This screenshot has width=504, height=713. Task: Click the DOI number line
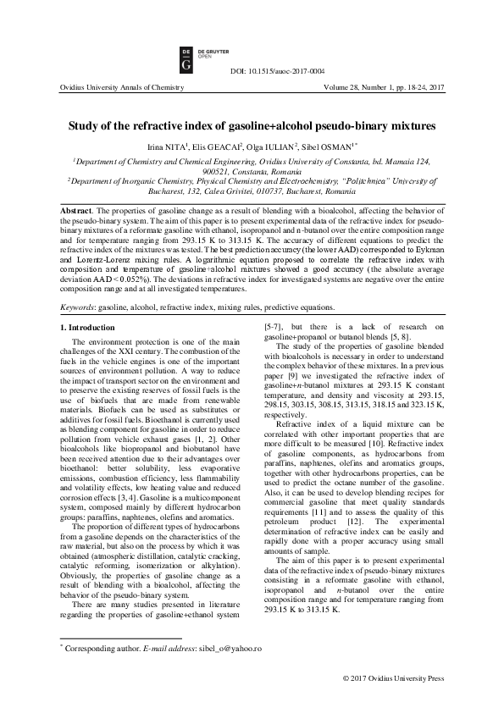coord(277,71)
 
